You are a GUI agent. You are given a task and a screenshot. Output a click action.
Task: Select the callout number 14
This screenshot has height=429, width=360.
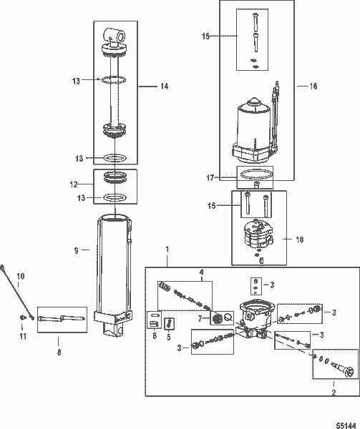164,87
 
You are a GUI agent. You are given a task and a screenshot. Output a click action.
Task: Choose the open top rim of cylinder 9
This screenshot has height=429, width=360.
115,217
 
